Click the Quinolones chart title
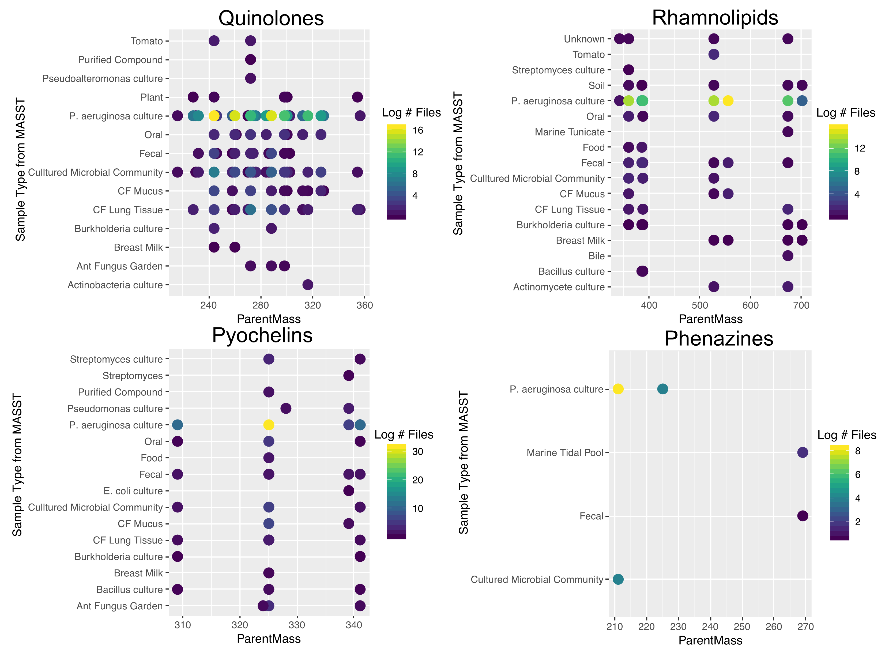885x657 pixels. point(271,18)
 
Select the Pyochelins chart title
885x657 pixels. point(262,335)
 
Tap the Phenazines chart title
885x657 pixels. point(718,338)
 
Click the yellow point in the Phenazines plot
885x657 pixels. point(618,389)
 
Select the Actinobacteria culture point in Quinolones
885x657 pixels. point(307,285)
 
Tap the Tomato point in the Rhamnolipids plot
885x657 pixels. point(714,55)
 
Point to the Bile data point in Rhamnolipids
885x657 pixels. point(788,256)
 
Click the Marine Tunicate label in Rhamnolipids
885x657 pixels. point(569,132)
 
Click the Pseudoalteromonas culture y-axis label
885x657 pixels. point(102,78)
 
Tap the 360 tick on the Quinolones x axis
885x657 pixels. point(365,305)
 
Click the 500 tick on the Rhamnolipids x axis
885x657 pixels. point(700,305)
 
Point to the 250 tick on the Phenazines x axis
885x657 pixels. point(741,627)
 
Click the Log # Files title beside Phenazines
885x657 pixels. point(846,435)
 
